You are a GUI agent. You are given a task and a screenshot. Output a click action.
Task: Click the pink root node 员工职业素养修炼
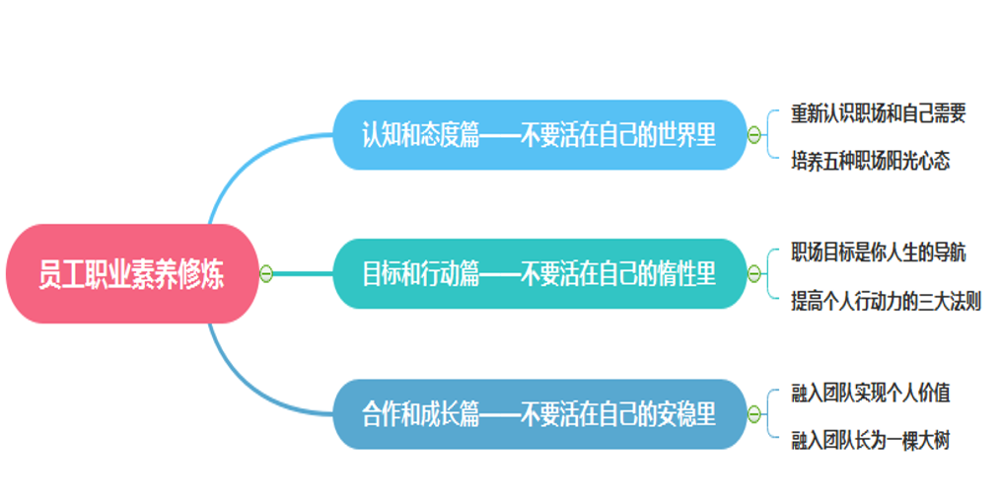132,273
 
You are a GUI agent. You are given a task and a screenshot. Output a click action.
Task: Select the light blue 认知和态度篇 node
539,135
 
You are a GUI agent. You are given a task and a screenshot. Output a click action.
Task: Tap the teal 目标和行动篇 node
539,273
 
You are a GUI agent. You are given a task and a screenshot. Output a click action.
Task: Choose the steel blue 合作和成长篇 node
539,414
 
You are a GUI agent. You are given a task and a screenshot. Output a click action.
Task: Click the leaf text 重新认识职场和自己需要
879,113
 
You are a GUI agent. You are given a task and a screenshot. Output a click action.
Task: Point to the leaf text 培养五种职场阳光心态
871,161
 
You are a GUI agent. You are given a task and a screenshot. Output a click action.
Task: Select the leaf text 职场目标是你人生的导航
879,252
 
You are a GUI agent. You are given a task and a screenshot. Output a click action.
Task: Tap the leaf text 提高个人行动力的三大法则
886,301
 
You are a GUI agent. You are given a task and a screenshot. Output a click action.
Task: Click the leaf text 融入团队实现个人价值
871,393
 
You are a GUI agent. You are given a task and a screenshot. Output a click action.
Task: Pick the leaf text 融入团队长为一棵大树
871,440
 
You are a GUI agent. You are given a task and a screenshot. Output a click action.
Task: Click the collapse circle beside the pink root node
266,274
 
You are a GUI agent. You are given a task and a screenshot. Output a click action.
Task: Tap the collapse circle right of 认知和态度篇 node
753,135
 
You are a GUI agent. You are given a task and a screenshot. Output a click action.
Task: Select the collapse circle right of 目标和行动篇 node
753,274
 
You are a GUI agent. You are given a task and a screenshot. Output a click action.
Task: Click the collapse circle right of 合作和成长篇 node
753,414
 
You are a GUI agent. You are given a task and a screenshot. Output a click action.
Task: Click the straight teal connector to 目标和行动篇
303,274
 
